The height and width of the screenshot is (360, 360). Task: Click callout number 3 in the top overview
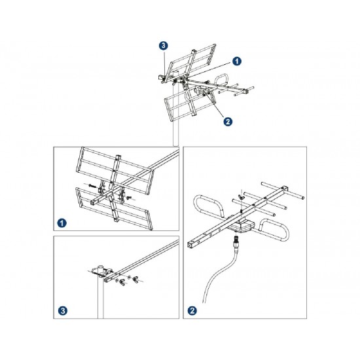click(163, 46)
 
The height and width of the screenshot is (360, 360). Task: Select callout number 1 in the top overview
click(237, 60)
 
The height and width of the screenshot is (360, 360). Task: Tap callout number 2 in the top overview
click(226, 120)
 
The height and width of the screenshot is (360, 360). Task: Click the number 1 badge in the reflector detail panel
click(62, 223)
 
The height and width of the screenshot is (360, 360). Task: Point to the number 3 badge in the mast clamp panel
click(62, 310)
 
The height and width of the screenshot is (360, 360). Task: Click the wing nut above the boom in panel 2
click(240, 196)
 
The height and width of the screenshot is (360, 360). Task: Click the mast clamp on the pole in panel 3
click(101, 270)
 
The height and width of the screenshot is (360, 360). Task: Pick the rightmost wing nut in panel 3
click(135, 283)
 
